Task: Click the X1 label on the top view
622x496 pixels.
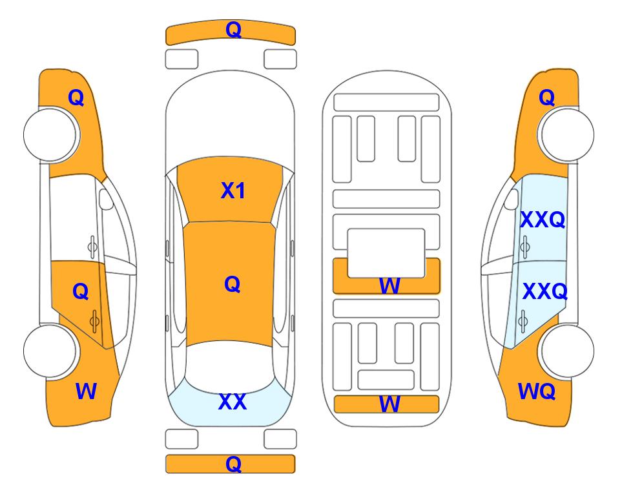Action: (x=233, y=191)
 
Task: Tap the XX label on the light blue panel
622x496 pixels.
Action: (x=233, y=402)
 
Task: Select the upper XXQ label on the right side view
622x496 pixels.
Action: (x=543, y=220)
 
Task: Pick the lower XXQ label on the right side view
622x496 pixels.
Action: (x=545, y=291)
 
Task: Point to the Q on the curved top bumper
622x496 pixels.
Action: (x=233, y=30)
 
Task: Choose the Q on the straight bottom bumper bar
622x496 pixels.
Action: (x=233, y=464)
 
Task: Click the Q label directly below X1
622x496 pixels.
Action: (x=233, y=284)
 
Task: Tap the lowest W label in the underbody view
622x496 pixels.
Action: (x=389, y=404)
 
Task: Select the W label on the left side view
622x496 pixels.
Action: (x=86, y=391)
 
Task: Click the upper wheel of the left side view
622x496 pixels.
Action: (x=51, y=134)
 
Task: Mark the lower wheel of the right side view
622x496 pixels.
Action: (x=566, y=351)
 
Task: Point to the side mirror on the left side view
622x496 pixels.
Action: (x=106, y=199)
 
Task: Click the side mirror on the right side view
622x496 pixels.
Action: (x=512, y=199)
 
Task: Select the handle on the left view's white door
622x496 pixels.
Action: (x=92, y=247)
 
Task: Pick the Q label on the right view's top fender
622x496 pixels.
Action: (x=546, y=98)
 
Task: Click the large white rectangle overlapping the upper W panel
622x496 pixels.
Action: (x=386, y=253)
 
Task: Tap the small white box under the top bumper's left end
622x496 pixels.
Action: (x=181, y=59)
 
